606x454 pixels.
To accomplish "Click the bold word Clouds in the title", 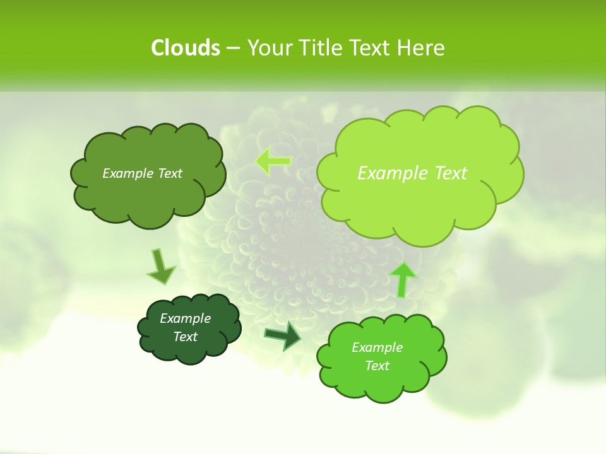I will [186, 48].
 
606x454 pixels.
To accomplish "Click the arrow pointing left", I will [273, 161].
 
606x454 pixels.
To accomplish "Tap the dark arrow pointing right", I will [283, 336].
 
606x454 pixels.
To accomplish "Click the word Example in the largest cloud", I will [389, 173].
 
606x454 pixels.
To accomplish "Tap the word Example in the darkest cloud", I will [185, 318].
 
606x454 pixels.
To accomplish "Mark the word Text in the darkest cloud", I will [185, 337].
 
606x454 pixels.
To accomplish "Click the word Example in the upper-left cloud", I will [126, 173].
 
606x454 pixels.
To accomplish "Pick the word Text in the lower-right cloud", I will [377, 366].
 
